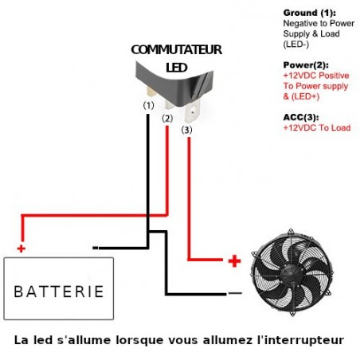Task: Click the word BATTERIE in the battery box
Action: tap(59, 292)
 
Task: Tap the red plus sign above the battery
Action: tap(22, 248)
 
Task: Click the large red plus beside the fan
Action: tap(234, 261)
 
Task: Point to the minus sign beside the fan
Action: tap(235, 293)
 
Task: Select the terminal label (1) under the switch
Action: tap(148, 106)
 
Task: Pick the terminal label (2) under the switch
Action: tap(167, 119)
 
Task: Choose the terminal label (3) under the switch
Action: tap(186, 130)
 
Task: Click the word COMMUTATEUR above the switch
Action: tap(177, 49)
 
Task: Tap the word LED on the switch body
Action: tap(177, 68)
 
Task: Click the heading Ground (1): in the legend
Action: tap(309, 13)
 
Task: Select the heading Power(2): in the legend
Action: tap(306, 65)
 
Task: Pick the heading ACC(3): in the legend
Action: tap(301, 117)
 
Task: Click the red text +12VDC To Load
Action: tap(317, 127)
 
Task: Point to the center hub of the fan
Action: tap(289, 273)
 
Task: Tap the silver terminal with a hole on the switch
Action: tap(192, 111)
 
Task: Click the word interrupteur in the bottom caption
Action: tap(300, 340)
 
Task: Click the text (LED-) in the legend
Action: tap(296, 44)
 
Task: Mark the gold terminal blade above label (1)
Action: tap(151, 92)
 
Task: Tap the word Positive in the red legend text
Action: tap(334, 76)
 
